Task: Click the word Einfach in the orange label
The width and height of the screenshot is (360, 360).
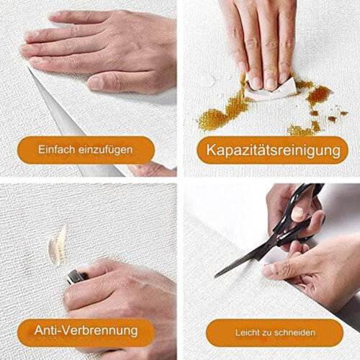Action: tap(56, 150)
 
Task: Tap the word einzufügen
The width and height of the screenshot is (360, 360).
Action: tap(106, 150)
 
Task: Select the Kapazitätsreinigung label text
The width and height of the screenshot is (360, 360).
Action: tap(274, 150)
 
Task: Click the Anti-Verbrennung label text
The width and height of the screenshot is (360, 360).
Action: tap(86, 330)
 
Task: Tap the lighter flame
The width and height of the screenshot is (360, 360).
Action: tap(57, 246)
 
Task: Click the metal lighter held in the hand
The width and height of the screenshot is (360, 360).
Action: tap(77, 276)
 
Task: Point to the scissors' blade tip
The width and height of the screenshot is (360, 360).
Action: tap(215, 277)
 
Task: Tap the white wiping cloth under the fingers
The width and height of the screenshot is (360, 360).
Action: tap(269, 92)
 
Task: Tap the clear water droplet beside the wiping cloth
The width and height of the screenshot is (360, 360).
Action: tap(209, 80)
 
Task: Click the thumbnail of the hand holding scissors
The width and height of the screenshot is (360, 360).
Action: tap(298, 213)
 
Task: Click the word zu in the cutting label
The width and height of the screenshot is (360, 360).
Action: tap(268, 333)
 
